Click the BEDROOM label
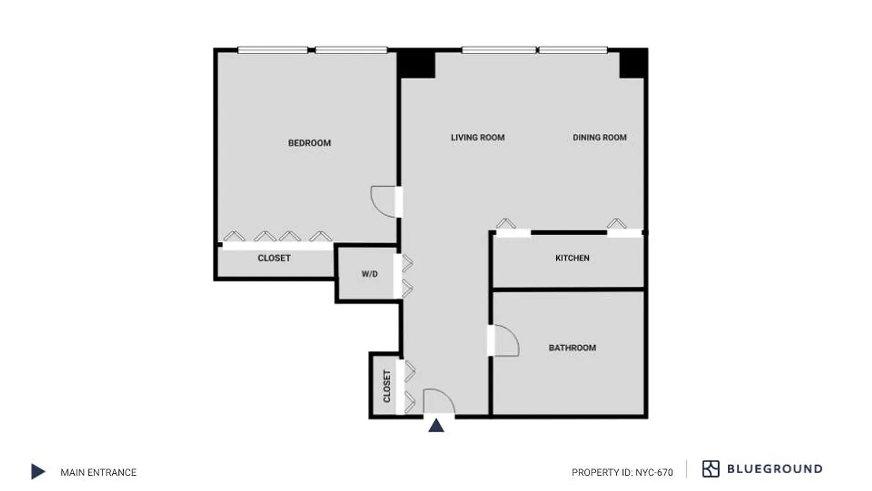[309, 143]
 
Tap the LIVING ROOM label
[478, 137]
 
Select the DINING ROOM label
[600, 137]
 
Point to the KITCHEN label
[572, 258]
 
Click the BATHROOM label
[572, 348]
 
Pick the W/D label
[369, 274]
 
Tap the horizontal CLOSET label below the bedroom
[274, 258]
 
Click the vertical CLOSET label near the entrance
[387, 386]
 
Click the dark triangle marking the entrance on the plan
[436, 425]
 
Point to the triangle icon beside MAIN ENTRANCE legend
[38, 471]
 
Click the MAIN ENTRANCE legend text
[98, 472]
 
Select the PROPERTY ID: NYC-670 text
[622, 473]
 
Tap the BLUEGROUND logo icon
[711, 469]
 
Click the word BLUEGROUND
[774, 469]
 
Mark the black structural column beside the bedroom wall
[417, 64]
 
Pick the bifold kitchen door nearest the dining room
[616, 225]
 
